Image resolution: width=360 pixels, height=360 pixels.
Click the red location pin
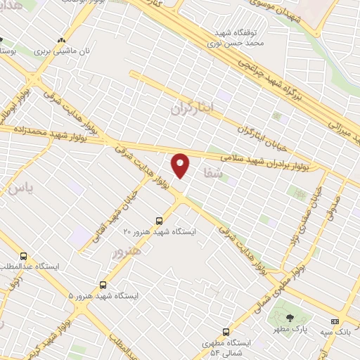(181, 165)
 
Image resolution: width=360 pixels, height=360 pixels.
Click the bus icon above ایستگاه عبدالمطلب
(24, 257)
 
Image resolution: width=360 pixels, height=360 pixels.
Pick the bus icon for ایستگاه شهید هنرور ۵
(103, 285)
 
